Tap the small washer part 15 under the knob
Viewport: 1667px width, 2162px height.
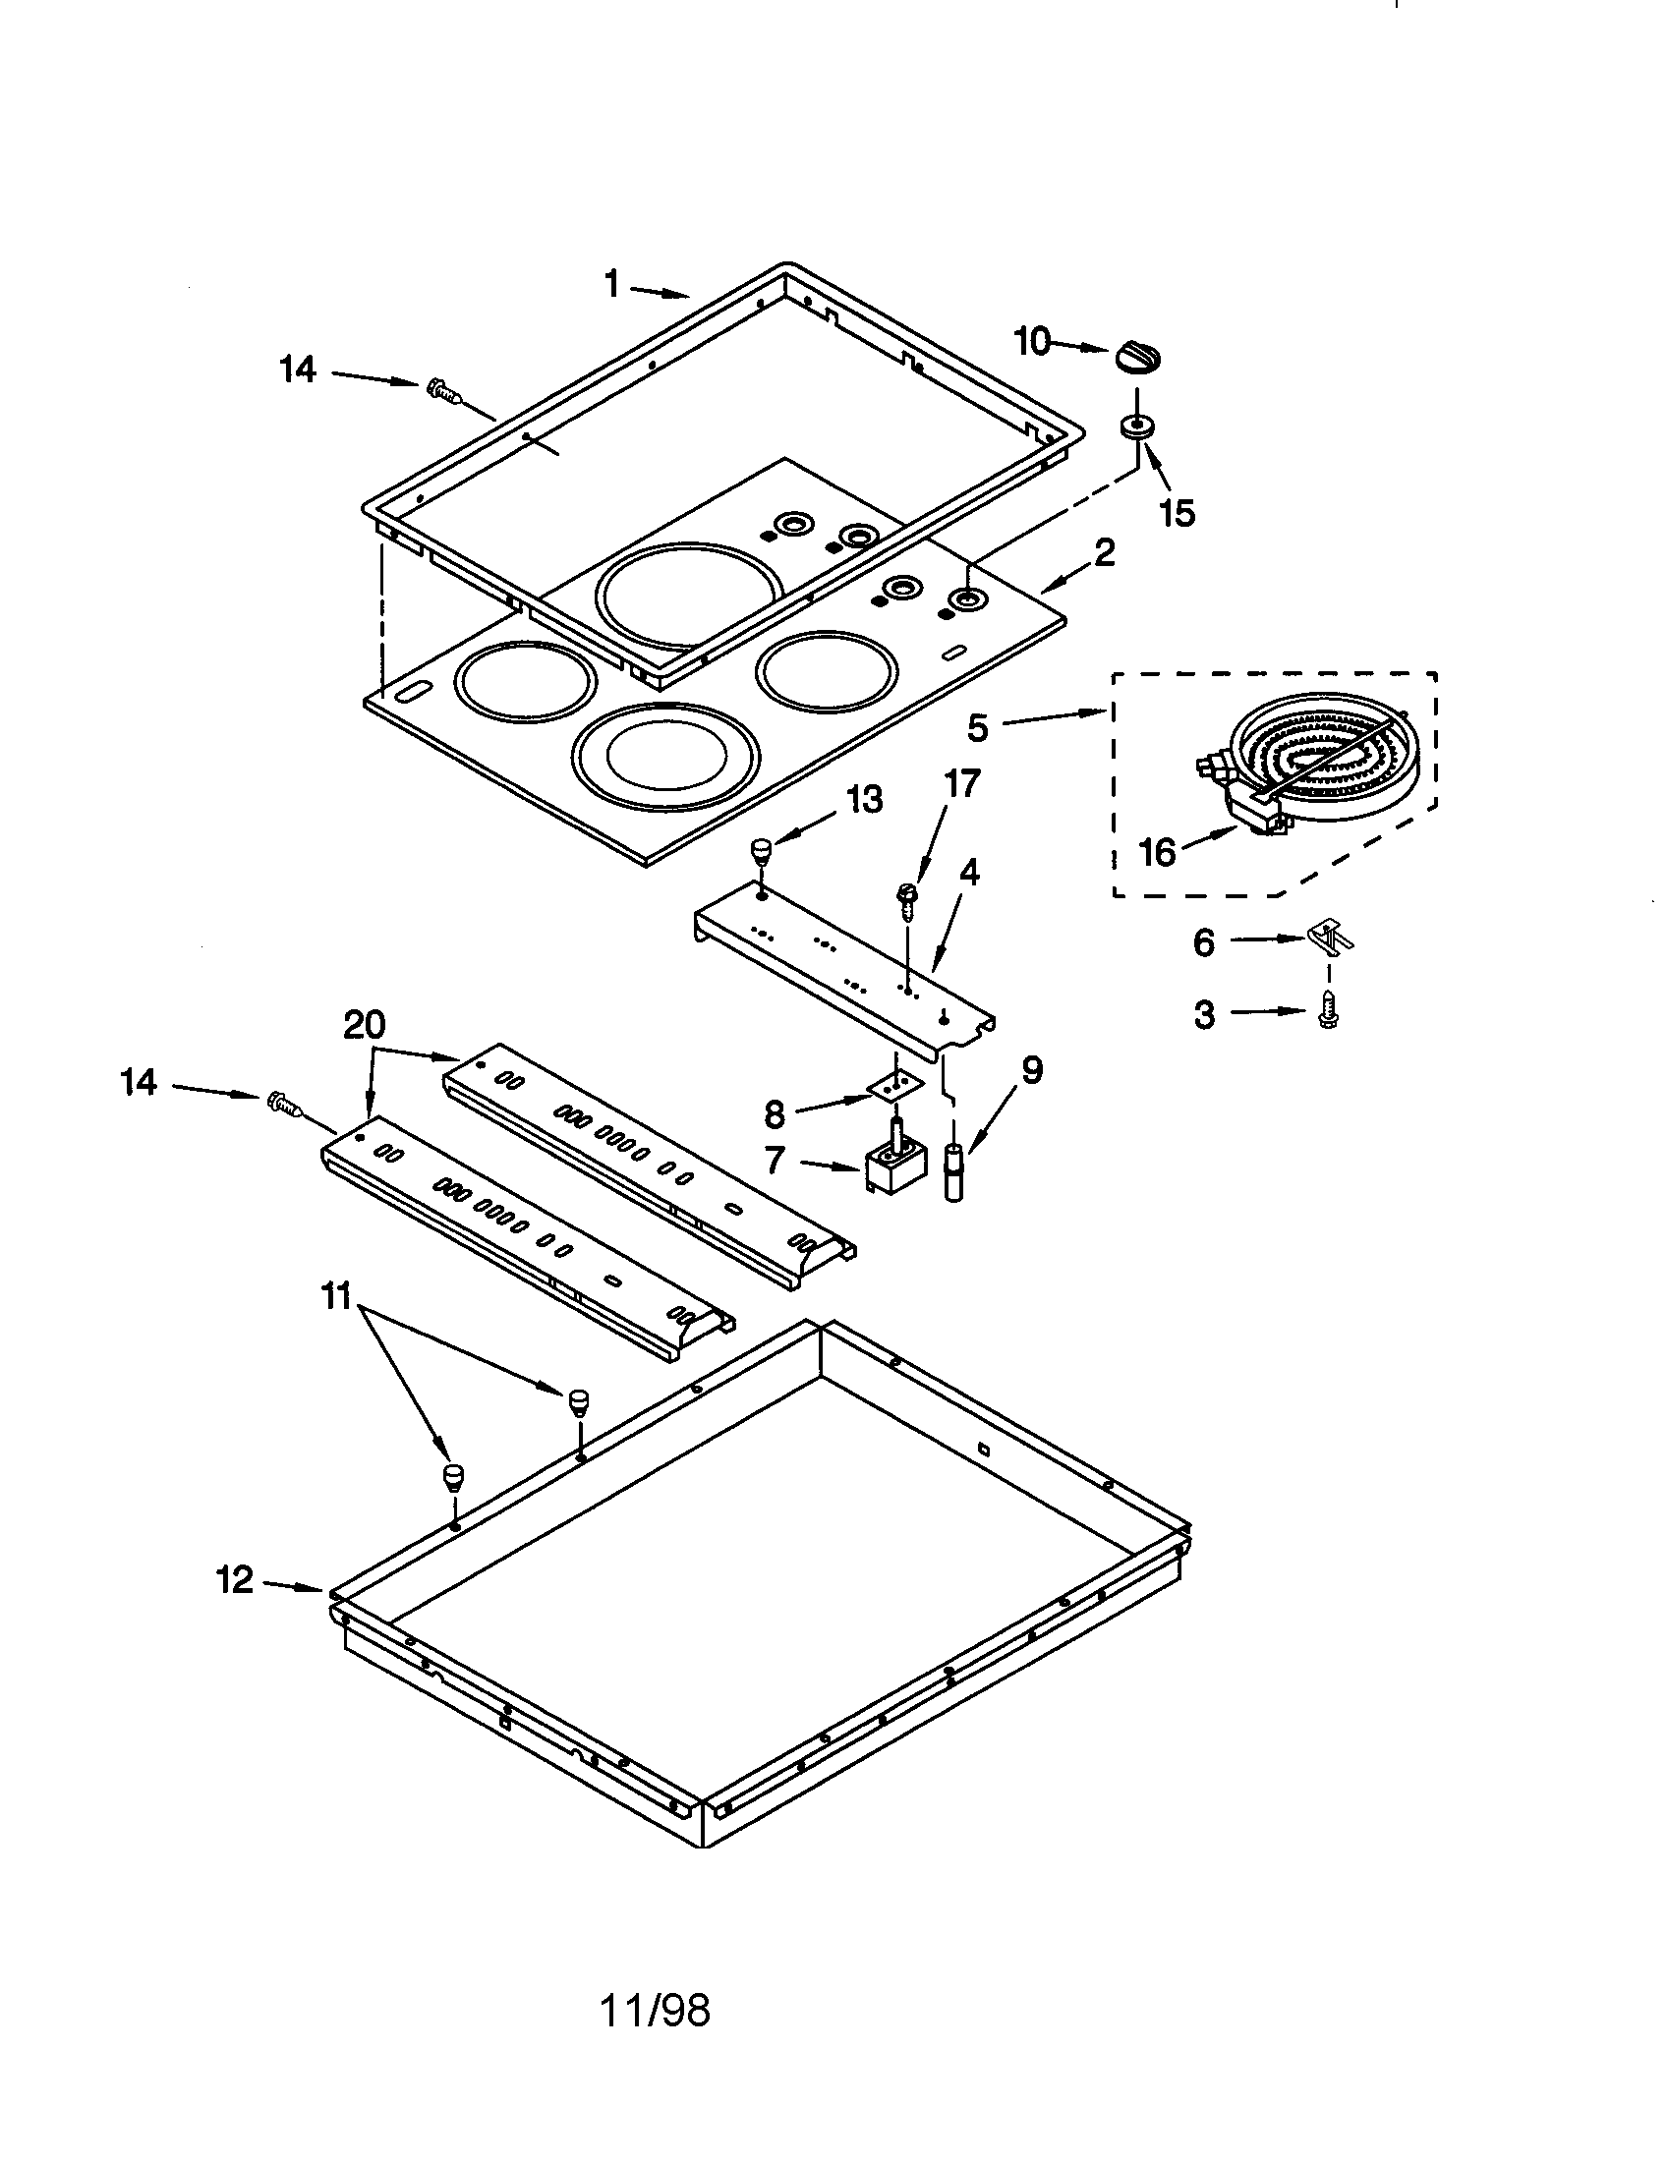tap(1135, 427)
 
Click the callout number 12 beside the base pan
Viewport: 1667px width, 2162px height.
tap(236, 1581)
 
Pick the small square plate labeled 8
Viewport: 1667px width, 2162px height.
tap(896, 1085)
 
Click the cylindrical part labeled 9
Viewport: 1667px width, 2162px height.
tap(954, 1171)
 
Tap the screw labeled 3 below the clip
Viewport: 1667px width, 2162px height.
tap(1325, 1015)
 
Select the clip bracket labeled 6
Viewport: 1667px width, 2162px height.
tap(1330, 936)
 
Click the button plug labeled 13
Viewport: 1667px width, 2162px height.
tap(760, 849)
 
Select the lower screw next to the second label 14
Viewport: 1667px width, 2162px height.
tap(283, 1104)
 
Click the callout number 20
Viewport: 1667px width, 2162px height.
tap(365, 1026)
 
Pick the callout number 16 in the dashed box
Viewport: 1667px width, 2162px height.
tap(1156, 852)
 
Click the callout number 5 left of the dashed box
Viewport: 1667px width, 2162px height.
tap(977, 728)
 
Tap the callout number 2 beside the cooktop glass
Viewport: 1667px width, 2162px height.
tap(1103, 552)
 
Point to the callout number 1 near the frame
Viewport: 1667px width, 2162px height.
tap(612, 285)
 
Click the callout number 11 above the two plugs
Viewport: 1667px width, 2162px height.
tap(338, 1296)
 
